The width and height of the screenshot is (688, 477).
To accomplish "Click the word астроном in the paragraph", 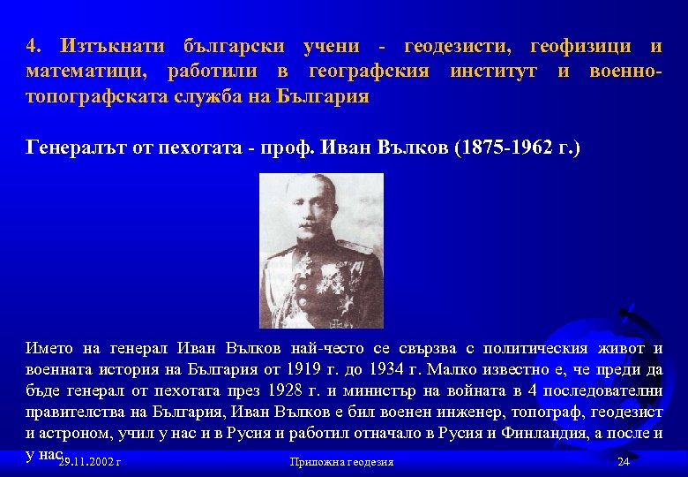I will tap(83, 433).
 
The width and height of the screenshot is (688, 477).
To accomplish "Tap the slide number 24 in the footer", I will tap(624, 462).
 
